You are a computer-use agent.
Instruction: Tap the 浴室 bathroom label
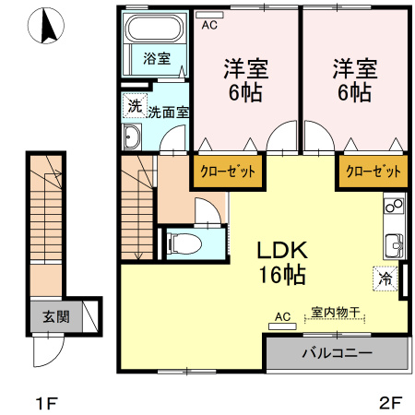pyautogui.click(x=156, y=59)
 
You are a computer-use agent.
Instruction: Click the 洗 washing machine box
pyautogui.click(x=135, y=106)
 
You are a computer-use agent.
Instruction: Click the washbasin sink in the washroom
pyautogui.click(x=130, y=137)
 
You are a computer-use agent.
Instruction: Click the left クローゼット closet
pyautogui.click(x=224, y=172)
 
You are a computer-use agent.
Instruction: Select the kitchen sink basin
pyautogui.click(x=394, y=244)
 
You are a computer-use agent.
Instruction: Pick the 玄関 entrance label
pyautogui.click(x=49, y=316)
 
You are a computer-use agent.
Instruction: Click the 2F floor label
pyautogui.click(x=391, y=403)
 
